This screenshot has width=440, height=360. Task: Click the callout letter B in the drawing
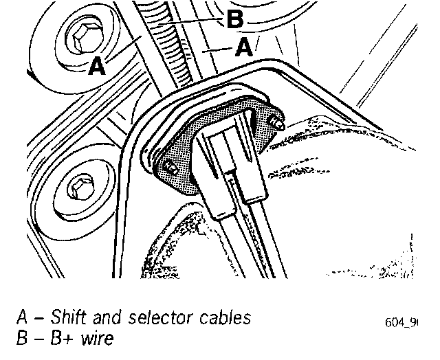click(234, 20)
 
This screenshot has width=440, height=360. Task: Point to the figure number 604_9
click(401, 322)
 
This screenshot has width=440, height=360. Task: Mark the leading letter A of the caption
click(22, 319)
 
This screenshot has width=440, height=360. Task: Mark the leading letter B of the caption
click(21, 338)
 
